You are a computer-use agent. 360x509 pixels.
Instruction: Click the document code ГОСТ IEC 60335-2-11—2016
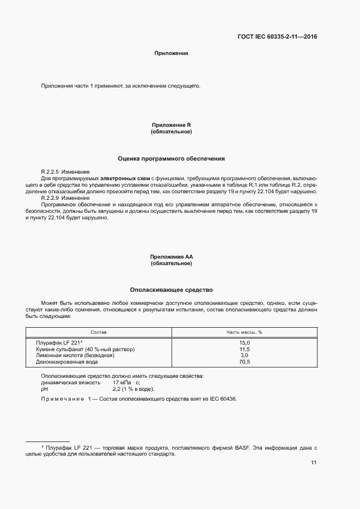[277, 37]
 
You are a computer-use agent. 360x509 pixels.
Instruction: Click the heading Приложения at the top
[171, 53]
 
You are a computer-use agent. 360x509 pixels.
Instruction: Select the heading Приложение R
[171, 126]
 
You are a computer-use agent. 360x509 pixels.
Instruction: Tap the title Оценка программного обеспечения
[171, 158]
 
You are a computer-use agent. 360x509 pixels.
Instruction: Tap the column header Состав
[99, 332]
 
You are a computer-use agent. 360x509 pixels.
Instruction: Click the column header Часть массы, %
[245, 332]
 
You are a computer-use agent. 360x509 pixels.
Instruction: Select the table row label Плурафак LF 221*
[59, 342]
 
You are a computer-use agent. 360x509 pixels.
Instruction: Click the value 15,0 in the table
[245, 342]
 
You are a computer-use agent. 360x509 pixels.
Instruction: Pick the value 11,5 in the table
[245, 349]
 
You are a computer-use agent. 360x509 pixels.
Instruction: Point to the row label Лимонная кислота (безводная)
[75, 355]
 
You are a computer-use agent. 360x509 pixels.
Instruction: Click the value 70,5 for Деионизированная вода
[245, 362]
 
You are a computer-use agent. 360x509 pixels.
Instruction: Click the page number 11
[314, 463]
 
